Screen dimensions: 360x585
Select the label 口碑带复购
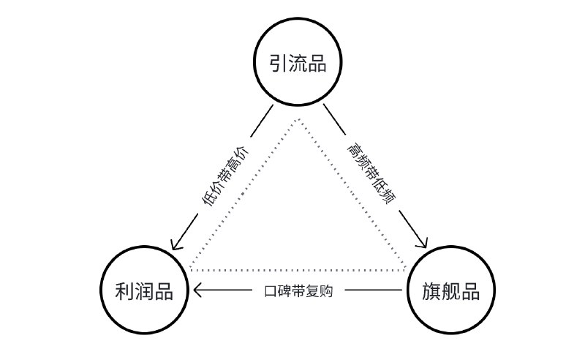298,290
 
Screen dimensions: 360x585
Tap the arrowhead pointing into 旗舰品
425,245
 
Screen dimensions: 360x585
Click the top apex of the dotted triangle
298,117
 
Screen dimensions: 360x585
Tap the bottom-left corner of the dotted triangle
189,269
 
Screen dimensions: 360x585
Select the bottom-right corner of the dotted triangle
404,269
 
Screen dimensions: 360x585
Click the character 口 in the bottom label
270,290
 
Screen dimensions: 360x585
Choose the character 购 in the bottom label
326,290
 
